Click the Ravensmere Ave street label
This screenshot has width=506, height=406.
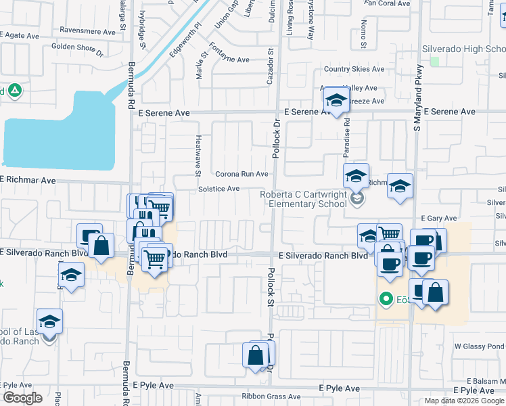[88, 31]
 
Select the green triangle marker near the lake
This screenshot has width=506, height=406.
[15, 91]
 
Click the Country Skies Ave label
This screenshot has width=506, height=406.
[354, 69]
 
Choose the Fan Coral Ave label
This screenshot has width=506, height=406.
[387, 3]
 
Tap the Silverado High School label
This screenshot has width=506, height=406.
[463, 49]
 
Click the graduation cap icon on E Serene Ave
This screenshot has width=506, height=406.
[335, 101]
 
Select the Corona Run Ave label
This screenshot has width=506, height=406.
[241, 174]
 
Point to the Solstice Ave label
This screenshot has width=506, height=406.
[219, 189]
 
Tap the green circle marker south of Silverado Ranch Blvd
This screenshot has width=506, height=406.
[386, 298]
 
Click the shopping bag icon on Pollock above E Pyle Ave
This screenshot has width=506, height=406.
[256, 355]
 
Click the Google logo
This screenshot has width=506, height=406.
[23, 398]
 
